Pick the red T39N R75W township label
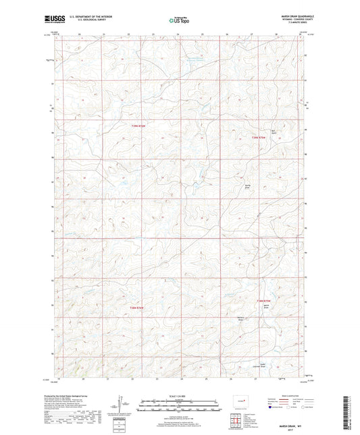[260, 138]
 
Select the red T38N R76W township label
[137, 308]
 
